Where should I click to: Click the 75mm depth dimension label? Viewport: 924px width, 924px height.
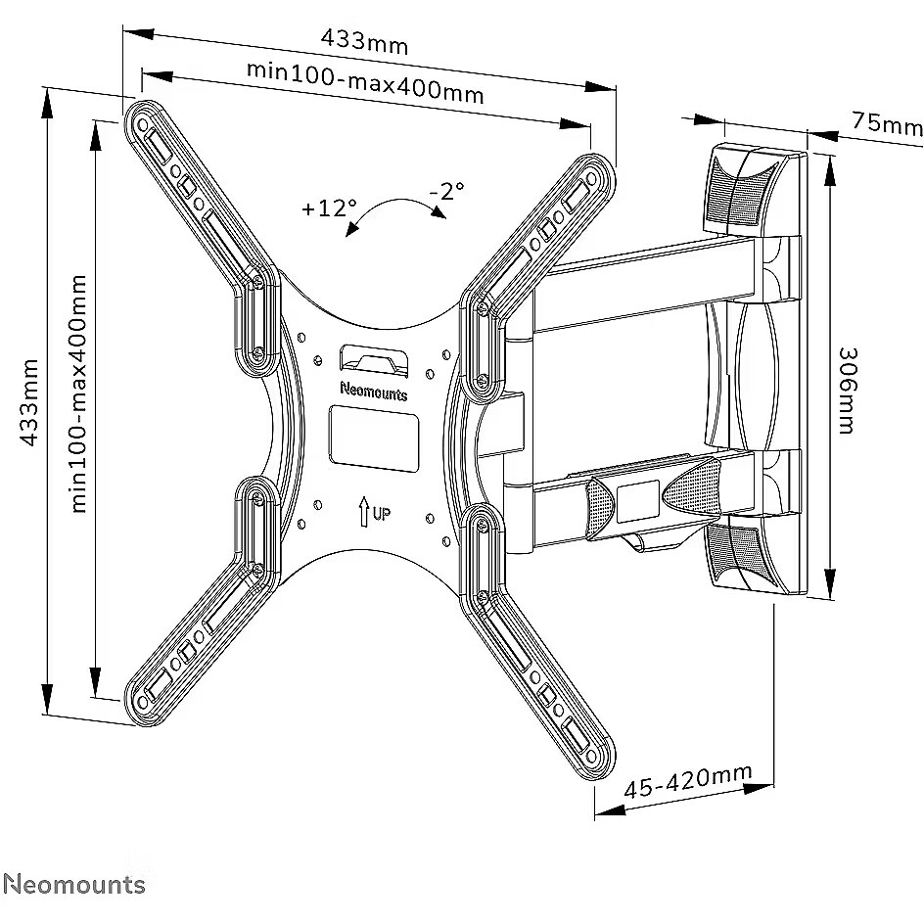[x=887, y=123]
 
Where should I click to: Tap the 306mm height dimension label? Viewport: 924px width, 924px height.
[x=848, y=391]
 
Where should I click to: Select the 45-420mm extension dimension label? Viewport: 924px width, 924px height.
[x=691, y=780]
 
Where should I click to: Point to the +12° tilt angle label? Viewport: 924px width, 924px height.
[x=330, y=208]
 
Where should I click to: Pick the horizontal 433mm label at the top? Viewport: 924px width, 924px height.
[x=365, y=42]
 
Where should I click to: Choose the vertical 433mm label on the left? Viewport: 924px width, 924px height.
[x=30, y=403]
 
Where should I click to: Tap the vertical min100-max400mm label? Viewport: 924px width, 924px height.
[x=78, y=393]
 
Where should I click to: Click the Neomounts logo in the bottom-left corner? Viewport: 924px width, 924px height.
[x=73, y=885]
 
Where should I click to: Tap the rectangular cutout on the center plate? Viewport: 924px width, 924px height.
[x=372, y=437]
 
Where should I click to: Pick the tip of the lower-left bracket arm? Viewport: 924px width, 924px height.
[x=139, y=704]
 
